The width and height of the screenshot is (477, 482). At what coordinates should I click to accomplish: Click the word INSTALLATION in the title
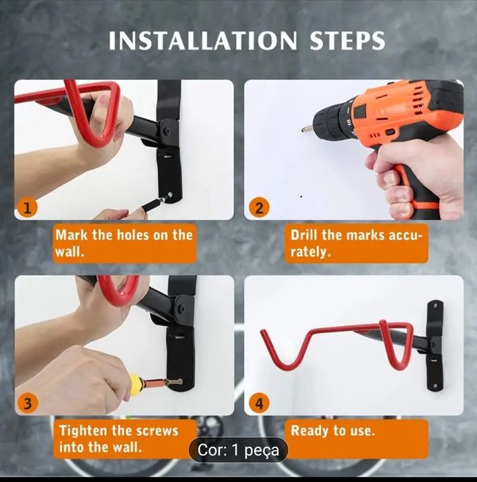(203, 41)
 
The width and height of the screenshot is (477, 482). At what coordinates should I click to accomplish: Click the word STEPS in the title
(347, 41)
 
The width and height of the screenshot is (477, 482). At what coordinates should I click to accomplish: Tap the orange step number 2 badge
(259, 208)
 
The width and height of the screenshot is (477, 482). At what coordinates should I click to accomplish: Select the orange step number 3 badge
(28, 403)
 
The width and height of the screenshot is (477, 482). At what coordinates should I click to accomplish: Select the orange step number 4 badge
(259, 403)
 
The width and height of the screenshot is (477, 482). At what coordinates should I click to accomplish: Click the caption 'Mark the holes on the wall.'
(124, 243)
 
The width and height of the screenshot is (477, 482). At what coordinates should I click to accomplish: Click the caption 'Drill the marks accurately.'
(356, 243)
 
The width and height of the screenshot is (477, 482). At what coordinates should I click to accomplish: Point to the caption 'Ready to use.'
(333, 431)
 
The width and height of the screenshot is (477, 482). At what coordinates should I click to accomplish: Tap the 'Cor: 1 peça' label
(238, 450)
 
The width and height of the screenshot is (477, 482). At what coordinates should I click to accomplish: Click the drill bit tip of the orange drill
(303, 130)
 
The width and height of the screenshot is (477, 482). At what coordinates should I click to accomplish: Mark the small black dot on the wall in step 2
(301, 197)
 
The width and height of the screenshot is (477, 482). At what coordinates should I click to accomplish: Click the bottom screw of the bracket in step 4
(434, 386)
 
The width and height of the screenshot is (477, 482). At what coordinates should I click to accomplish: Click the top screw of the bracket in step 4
(435, 306)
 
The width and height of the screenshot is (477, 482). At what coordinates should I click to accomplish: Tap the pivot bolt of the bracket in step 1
(166, 130)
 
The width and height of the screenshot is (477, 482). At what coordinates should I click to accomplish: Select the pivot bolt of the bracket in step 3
(181, 308)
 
